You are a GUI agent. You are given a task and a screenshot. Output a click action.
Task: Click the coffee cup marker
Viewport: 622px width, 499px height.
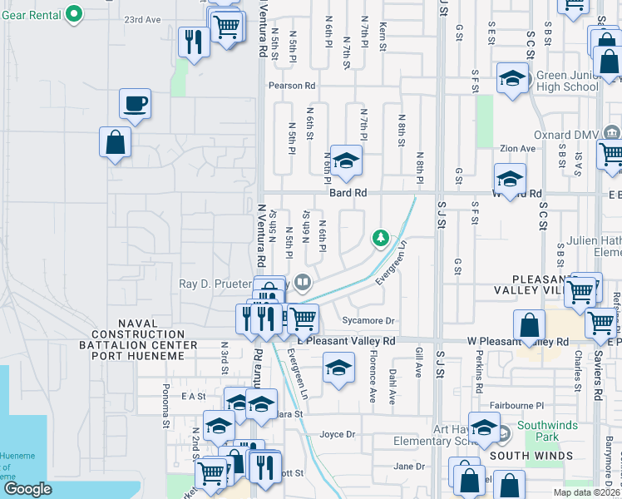tap(135, 104)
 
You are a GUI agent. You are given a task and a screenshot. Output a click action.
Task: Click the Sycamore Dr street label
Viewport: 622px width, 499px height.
tap(368, 320)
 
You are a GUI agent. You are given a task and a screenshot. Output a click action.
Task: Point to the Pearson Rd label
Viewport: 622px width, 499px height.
tap(291, 86)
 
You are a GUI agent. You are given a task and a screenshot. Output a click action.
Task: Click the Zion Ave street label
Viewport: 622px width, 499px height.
tap(517, 149)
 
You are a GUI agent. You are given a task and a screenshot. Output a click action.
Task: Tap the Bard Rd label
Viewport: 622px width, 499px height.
tap(348, 193)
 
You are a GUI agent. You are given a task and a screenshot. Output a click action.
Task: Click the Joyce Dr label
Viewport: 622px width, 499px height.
tap(338, 434)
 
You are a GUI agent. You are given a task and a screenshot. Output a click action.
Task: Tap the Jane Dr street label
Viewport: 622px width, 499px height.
tap(409, 467)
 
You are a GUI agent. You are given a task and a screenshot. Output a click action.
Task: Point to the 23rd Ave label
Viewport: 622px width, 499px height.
tap(142, 19)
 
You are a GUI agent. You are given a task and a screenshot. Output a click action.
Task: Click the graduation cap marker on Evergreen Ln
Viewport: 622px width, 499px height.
tap(338, 368)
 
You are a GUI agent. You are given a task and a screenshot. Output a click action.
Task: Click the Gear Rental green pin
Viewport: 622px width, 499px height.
tap(74, 13)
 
